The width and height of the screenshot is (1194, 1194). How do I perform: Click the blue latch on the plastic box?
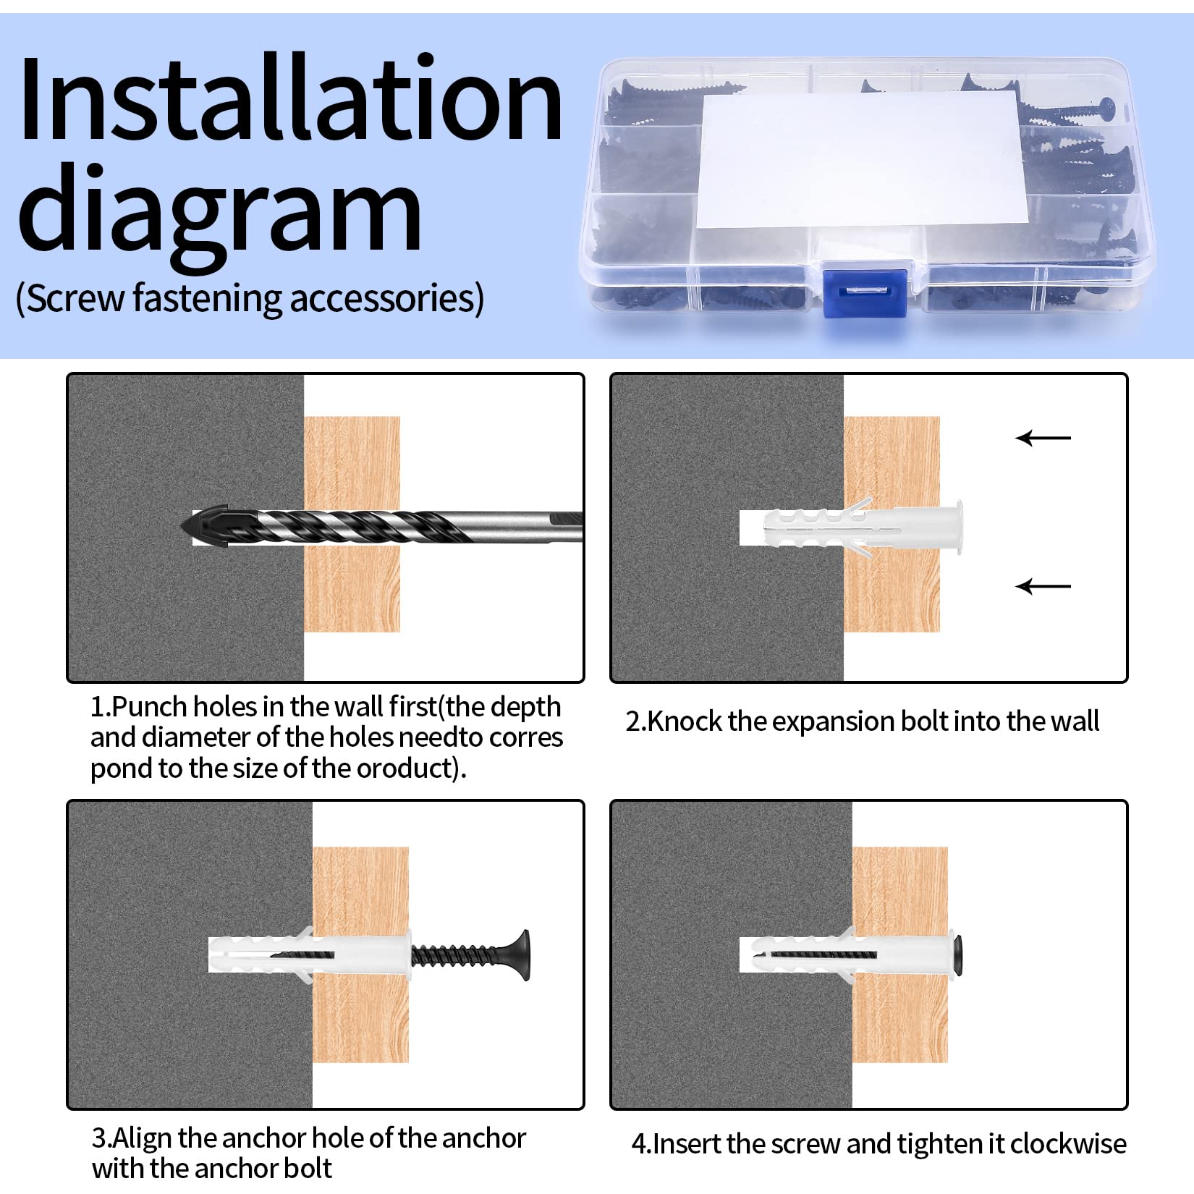[866, 292]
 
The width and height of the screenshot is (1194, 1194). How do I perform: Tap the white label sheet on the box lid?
[861, 160]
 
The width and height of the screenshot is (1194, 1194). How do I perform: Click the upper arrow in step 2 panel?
[1043, 438]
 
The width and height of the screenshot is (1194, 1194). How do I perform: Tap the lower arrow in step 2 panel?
[1043, 585]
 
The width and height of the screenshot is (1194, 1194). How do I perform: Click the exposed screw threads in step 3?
[459, 956]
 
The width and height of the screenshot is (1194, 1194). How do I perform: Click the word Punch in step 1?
[151, 707]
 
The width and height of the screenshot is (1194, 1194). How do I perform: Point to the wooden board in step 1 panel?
[352, 525]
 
